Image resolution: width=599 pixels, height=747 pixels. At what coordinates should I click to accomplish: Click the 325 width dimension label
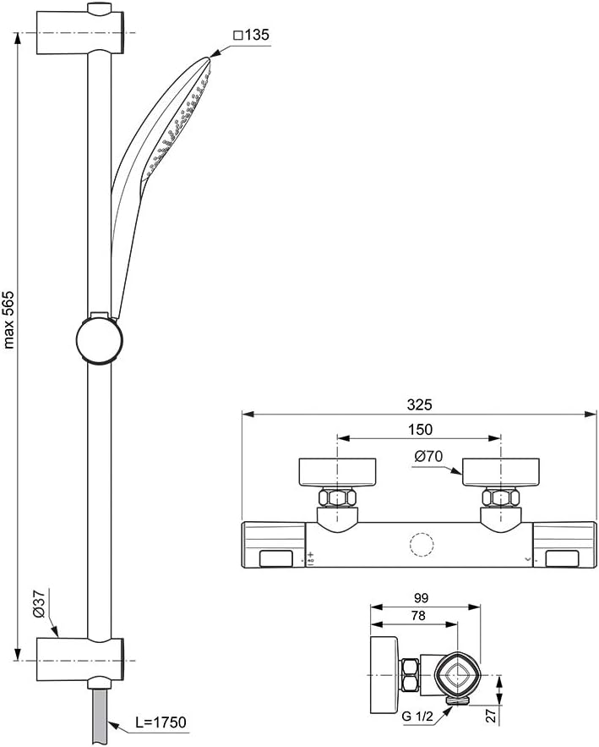pos(419,404)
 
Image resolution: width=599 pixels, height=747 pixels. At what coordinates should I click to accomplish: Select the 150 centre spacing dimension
pos(420,430)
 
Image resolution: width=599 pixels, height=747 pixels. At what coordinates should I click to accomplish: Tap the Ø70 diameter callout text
pos(428,456)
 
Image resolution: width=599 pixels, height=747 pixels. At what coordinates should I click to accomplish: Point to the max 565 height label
pos(9,320)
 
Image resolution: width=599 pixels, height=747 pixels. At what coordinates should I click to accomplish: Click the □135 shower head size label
pos(251,35)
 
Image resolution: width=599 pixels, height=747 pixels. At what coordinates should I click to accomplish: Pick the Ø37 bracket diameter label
pos(39,604)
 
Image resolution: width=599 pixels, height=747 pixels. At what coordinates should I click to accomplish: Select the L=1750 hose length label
pos(161,722)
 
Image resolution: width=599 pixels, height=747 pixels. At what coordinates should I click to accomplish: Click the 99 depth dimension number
pos(421,597)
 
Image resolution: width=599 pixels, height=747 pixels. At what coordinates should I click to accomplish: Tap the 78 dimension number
pos(417,616)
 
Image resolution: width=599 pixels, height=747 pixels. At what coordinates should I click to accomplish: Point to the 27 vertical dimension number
pos(491,716)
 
